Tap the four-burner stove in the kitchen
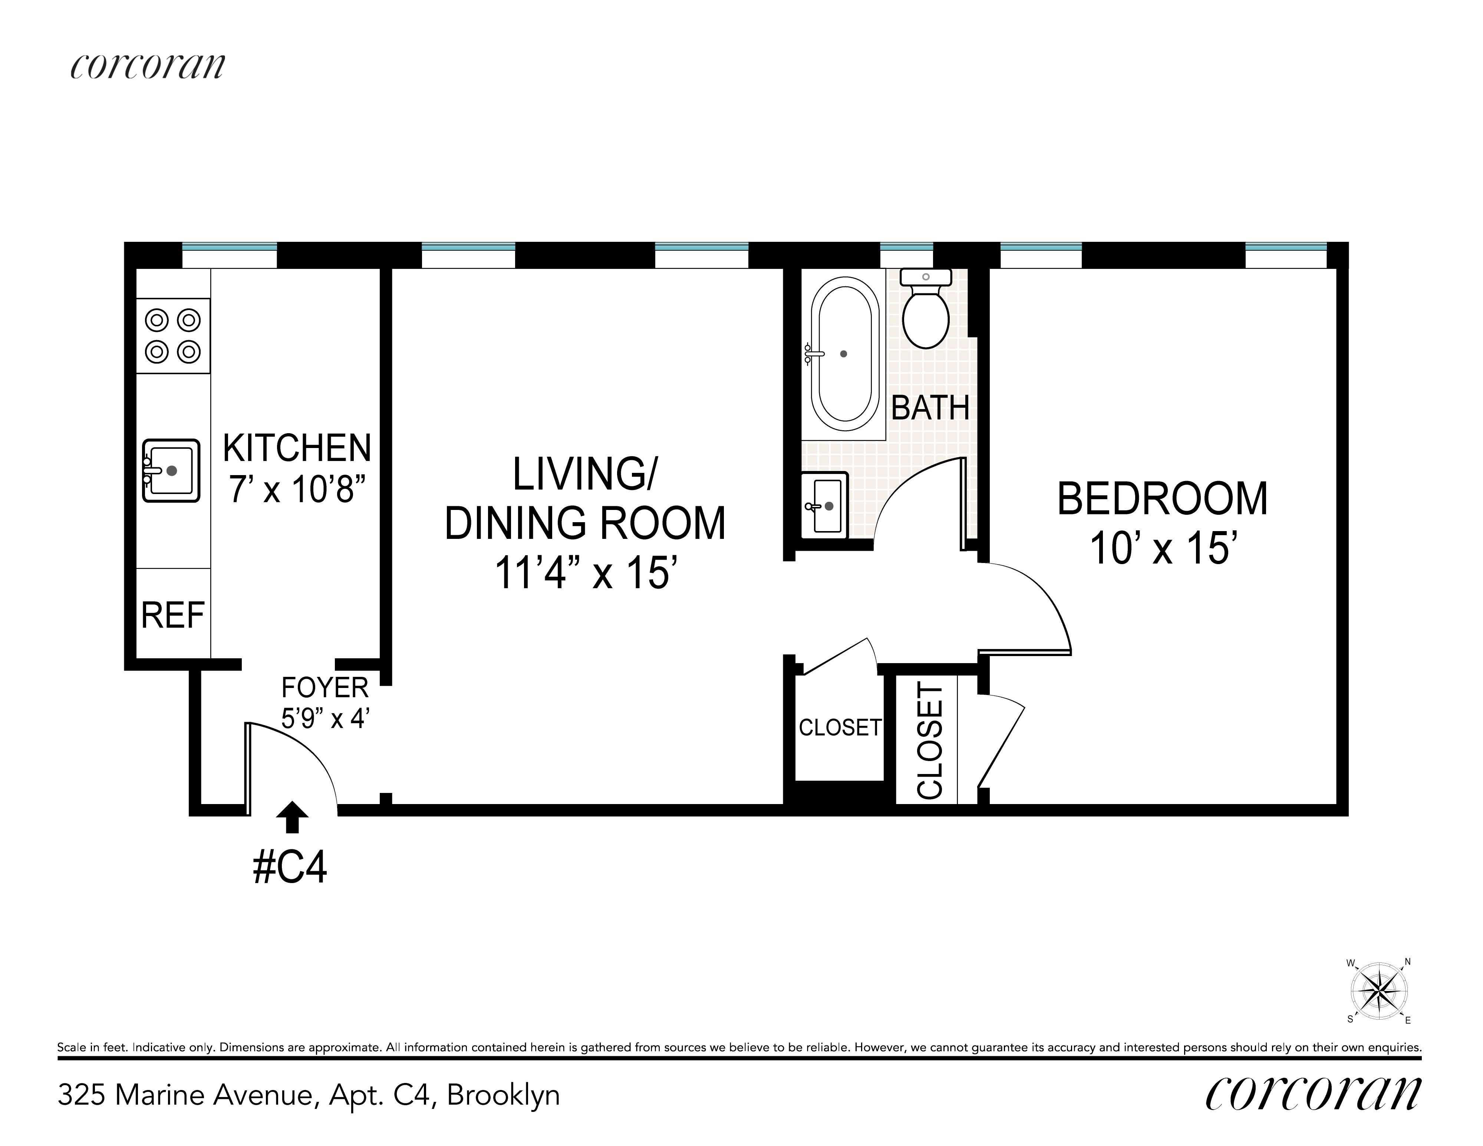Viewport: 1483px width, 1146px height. coord(173,335)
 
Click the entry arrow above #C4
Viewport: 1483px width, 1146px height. coord(292,816)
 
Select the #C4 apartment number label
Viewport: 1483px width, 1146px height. coord(290,867)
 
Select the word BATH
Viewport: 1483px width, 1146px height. coord(930,407)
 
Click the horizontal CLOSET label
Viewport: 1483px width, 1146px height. coord(840,728)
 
